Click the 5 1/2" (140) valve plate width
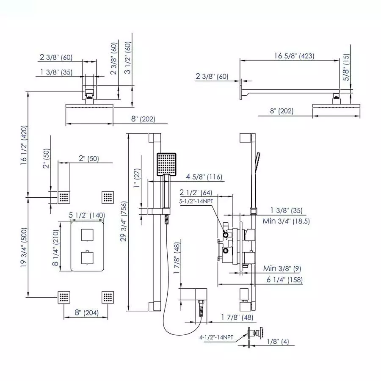point(87,215)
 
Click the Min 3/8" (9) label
point(282,268)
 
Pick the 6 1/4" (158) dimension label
point(284,280)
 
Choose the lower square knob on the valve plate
point(87,256)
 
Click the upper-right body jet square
point(108,197)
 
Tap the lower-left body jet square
point(64,297)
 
